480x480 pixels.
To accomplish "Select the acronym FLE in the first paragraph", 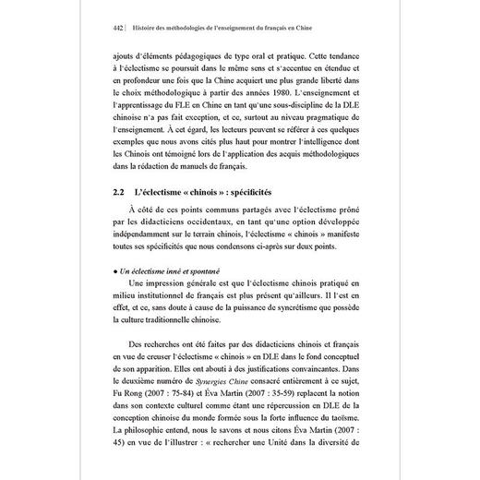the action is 198,132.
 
